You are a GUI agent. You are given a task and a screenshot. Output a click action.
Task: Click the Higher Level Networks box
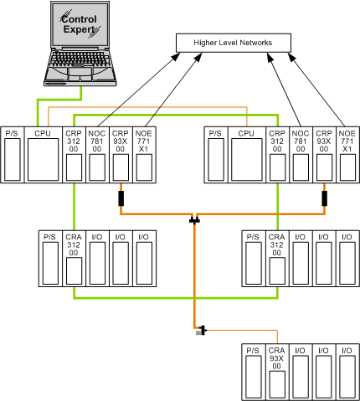tap(234, 43)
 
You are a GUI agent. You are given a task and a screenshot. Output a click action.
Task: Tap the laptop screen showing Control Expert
tap(80, 24)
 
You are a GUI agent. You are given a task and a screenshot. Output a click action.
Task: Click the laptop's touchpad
tap(80, 71)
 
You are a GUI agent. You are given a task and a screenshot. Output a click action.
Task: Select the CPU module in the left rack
tap(44, 155)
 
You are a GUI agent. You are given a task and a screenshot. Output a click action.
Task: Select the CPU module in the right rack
tap(247, 155)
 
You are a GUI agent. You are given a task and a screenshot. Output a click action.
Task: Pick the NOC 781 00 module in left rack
tap(97, 155)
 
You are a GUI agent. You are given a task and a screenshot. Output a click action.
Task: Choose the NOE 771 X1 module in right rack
tap(347, 155)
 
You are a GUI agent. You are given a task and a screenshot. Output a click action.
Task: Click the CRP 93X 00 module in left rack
tap(121, 155)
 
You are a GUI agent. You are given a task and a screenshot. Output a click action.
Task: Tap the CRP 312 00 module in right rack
tap(277, 155)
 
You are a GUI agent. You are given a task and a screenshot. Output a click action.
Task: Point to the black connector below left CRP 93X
tap(121, 198)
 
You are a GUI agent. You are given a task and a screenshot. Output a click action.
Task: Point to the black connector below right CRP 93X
tap(324, 198)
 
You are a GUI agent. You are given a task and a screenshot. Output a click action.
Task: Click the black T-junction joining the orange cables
tap(194, 220)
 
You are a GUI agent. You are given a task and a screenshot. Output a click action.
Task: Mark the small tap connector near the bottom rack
tap(202, 331)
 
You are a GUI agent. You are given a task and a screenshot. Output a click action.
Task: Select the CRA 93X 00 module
tap(277, 372)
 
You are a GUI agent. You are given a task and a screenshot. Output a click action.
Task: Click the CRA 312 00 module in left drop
tap(74, 259)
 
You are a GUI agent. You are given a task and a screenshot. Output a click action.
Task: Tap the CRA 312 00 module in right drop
tap(277, 259)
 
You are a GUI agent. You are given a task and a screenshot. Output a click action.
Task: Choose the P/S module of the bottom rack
tap(254, 372)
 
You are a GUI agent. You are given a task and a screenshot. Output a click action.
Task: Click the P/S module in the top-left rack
tap(13, 155)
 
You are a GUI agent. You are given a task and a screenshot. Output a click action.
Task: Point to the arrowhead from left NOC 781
tap(176, 56)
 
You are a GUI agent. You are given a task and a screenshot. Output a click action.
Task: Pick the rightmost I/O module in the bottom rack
tap(347, 372)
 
